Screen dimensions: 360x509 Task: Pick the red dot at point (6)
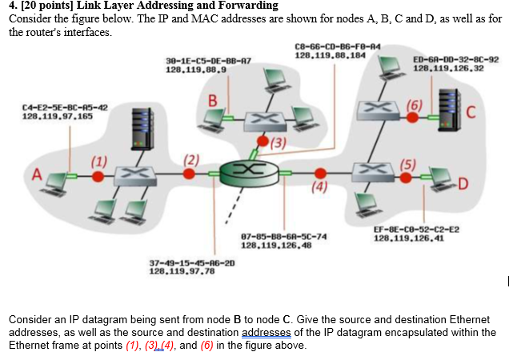[x=412, y=118]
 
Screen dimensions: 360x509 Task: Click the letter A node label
[x=36, y=174]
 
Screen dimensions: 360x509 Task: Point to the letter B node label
[x=212, y=101]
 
